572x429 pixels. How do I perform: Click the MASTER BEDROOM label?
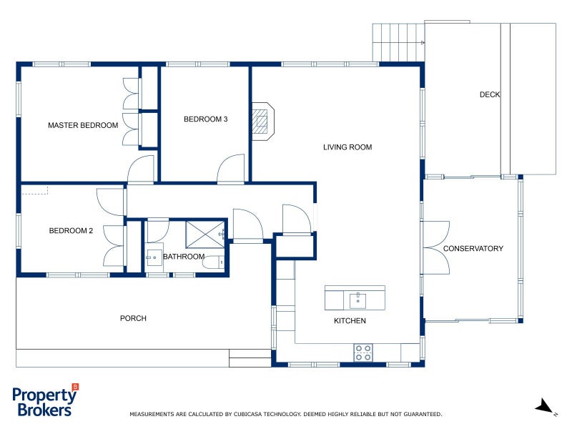[x=83, y=126]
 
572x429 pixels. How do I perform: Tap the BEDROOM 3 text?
[x=205, y=119]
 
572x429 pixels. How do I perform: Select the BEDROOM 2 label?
[x=71, y=231]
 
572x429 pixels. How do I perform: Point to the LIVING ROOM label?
[x=347, y=148]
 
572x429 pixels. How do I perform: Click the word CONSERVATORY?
[x=473, y=249]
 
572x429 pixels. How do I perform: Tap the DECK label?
[x=490, y=95]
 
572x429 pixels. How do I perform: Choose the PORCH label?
[x=133, y=318]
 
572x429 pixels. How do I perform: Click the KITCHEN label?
[x=350, y=321]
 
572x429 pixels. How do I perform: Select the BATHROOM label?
[x=184, y=257]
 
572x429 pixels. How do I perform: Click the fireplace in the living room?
[x=262, y=121]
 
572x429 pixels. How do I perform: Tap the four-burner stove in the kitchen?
[x=363, y=352]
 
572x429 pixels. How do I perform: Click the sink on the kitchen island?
[x=357, y=298]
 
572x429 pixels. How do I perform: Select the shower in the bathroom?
[x=205, y=233]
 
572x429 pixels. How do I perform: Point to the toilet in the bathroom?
[x=212, y=263]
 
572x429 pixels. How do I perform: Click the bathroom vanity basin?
[x=154, y=256]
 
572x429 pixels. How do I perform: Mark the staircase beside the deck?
[x=398, y=42]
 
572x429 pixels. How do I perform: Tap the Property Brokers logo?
[x=44, y=402]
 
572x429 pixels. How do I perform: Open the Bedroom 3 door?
[x=232, y=170]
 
